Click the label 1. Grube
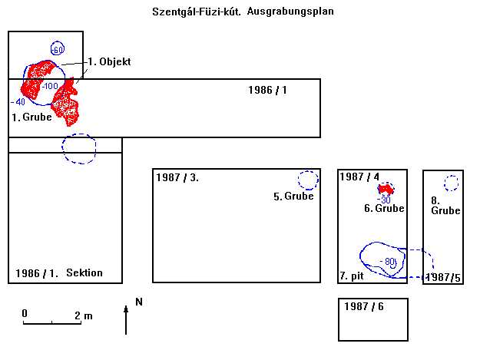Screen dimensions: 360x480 tap(31, 117)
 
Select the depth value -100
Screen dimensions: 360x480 tap(50, 85)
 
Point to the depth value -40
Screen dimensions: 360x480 tap(18, 101)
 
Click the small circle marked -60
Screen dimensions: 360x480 tap(56, 49)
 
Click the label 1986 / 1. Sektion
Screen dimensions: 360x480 tap(58, 273)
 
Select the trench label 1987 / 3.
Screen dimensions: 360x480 tap(177, 178)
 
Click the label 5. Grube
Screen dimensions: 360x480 tap(293, 197)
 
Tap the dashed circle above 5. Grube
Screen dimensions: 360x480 tap(307, 180)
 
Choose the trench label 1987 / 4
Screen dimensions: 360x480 tap(359, 177)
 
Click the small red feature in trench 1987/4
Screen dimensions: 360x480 tap(386, 189)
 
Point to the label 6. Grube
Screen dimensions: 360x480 tap(384, 208)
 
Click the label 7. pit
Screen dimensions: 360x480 tap(351, 276)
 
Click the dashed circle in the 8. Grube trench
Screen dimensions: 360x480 tap(451, 183)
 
